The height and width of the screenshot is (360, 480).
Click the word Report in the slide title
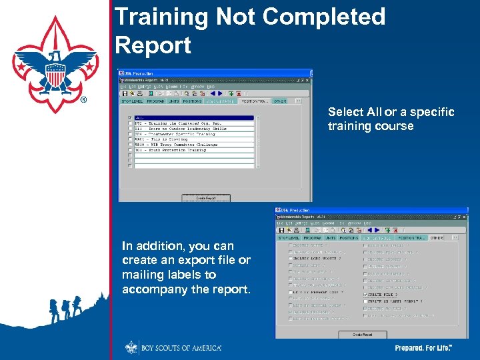coord(153,45)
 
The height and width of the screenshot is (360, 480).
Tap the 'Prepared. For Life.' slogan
coord(424,348)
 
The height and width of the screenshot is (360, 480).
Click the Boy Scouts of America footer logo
coord(173,347)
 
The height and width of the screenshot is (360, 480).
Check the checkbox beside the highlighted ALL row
coord(130,118)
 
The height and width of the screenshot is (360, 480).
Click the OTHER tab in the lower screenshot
coord(437,237)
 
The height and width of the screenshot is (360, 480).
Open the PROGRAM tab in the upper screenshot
coord(155,102)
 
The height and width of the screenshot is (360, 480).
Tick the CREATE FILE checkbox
coord(365,294)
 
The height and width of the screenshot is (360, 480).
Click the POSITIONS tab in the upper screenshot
coord(192,102)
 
